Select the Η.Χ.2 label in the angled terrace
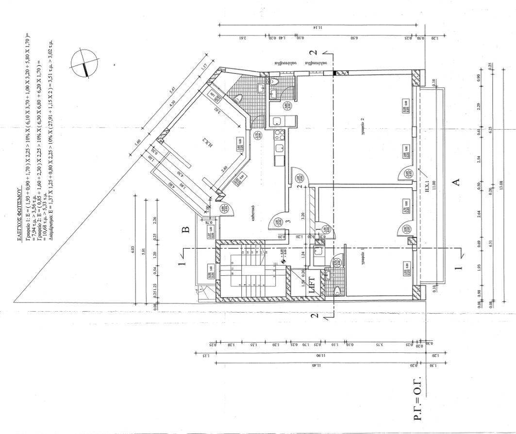pos(205,142)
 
